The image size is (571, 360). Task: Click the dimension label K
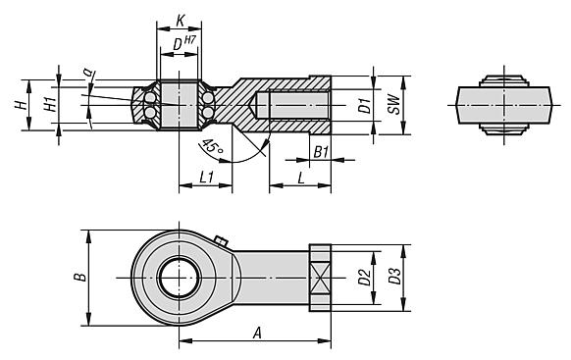(180, 19)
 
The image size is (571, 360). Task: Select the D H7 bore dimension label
(182, 45)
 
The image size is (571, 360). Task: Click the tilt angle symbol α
(88, 72)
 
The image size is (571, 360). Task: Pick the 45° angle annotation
(210, 148)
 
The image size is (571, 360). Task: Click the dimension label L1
(206, 178)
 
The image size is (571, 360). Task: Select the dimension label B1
(320, 152)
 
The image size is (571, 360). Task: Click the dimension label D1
(362, 104)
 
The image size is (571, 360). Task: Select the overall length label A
(257, 333)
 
